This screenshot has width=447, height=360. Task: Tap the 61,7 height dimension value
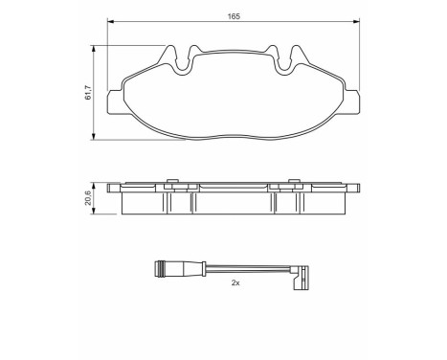click(x=88, y=93)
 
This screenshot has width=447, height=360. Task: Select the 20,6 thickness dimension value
click(x=89, y=198)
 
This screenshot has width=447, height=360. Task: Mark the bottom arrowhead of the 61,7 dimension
click(x=96, y=136)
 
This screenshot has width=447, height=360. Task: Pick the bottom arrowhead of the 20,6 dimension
click(x=96, y=216)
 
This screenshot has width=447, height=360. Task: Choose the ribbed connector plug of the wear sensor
click(x=170, y=269)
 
